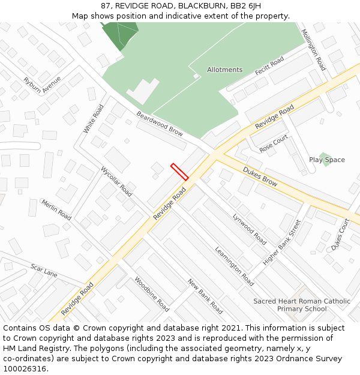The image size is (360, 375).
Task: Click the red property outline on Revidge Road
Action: click(179, 172)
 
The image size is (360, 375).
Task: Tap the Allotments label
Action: click(225, 70)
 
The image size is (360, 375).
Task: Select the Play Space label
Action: click(327, 160)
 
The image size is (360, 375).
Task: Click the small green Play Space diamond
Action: click(325, 158)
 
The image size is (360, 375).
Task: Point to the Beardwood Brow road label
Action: click(160, 123)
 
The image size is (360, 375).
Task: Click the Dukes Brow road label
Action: click(260, 176)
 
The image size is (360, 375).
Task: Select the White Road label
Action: click(94, 119)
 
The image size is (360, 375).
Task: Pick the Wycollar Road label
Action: click(116, 181)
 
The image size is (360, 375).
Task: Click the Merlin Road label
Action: click(56, 209)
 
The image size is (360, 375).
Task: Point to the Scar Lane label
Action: click(44, 271)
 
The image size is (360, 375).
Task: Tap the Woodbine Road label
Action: click(152, 294)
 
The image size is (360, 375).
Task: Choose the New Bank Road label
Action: click(205, 296)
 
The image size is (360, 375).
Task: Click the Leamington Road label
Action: click(234, 266)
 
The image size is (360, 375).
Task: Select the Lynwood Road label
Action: click(250, 229)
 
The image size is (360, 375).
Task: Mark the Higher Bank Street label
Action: click(282, 242)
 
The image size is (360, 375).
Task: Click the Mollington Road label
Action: click(313, 50)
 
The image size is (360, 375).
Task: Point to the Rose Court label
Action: click(274, 143)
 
